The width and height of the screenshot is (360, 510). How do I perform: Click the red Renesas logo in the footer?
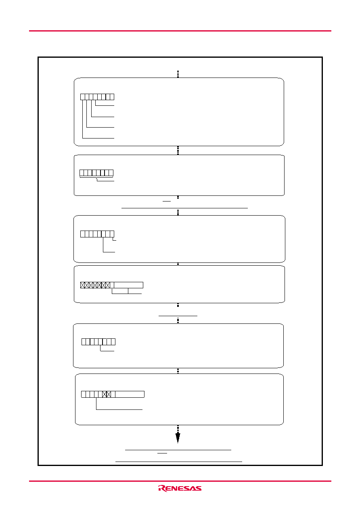pyautogui.click(x=180, y=488)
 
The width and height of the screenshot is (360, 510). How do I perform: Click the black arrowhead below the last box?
pyautogui.click(x=178, y=438)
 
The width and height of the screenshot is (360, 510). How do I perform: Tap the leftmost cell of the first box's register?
pyautogui.click(x=82, y=97)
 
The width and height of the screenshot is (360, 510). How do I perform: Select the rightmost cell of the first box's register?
pyautogui.click(x=112, y=97)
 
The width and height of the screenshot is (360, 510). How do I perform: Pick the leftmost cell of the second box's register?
pyautogui.click(x=82, y=173)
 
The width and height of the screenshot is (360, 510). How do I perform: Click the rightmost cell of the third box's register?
pyautogui.click(x=112, y=234)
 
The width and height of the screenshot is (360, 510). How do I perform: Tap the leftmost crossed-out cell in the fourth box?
pyautogui.click(x=82, y=285)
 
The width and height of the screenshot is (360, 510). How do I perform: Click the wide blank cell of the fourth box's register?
pyautogui.click(x=129, y=285)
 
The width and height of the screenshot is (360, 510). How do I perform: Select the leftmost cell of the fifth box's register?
pyautogui.click(x=84, y=342)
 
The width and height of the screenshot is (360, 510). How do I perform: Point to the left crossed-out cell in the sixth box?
pyautogui.click(x=105, y=394)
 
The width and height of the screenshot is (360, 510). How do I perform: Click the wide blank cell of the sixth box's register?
pyautogui.click(x=130, y=394)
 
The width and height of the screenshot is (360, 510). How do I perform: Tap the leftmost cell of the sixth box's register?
pyautogui.click(x=83, y=394)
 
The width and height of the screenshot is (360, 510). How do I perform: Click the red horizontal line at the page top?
pyautogui.click(x=180, y=31)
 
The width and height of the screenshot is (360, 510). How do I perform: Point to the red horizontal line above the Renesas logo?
pyautogui.click(x=180, y=481)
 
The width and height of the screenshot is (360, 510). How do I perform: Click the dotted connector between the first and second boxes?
pyautogui.click(x=178, y=150)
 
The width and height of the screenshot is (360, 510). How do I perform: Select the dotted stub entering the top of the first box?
pyautogui.click(x=178, y=74)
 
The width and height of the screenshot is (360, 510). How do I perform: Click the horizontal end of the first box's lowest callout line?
pyautogui.click(x=98, y=138)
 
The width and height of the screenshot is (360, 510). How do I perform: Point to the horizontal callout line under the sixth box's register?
pyautogui.click(x=119, y=409)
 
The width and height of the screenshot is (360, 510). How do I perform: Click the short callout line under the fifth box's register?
pyautogui.click(x=107, y=351)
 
